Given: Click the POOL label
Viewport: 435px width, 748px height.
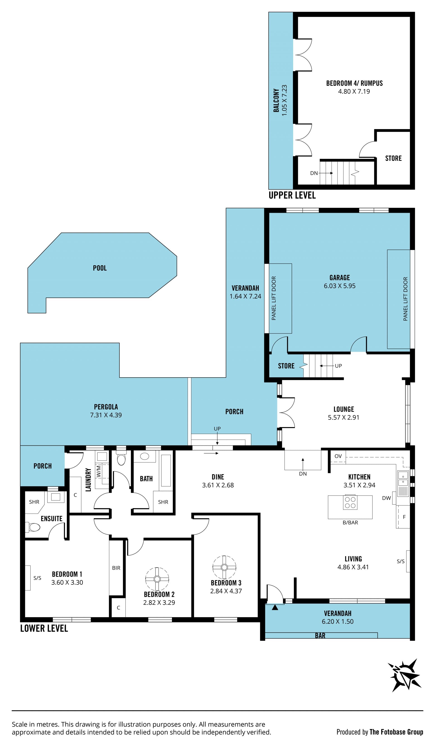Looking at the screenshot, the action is click(x=100, y=268).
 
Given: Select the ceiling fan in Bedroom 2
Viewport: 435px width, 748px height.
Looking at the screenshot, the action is click(x=157, y=579).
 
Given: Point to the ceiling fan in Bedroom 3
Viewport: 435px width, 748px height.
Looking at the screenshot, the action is click(x=224, y=567).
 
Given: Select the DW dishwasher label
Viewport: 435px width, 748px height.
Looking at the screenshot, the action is click(x=386, y=498).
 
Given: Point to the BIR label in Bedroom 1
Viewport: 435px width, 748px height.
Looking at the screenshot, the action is click(x=116, y=568).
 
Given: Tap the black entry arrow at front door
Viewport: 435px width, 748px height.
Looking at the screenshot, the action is click(x=275, y=607).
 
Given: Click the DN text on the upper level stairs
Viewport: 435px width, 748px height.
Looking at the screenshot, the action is click(x=314, y=173).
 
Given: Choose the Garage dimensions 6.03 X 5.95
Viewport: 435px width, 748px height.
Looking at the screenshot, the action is click(x=339, y=286).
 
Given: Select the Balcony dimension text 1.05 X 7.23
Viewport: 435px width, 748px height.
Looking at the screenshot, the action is click(x=284, y=100).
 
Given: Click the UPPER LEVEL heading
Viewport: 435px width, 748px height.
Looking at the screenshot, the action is click(x=292, y=195).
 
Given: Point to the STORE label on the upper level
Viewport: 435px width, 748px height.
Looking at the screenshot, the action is click(x=394, y=159).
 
